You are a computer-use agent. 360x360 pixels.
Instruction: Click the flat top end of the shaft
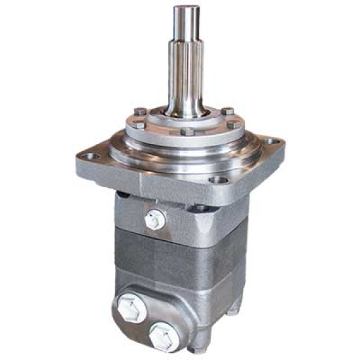[x=186, y=9]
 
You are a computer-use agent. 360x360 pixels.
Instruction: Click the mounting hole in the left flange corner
[x=91, y=157]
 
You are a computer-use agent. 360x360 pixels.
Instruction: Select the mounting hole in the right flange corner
[x=272, y=140]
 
